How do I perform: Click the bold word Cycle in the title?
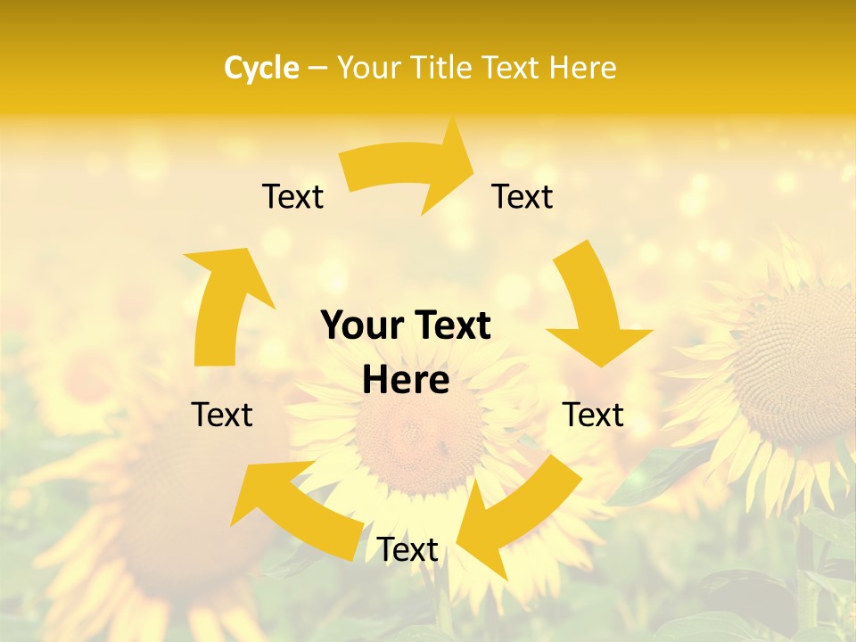pyautogui.click(x=261, y=68)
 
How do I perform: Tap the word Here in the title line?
pyautogui.click(x=580, y=68)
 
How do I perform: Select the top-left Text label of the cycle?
pyautogui.click(x=292, y=197)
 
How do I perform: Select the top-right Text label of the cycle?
pyautogui.click(x=523, y=197)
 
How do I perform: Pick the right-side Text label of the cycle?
pyautogui.click(x=593, y=415)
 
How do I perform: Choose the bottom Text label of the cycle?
pyautogui.click(x=407, y=550)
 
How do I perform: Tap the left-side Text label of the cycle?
pyautogui.click(x=222, y=415)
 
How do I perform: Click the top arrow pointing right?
pyautogui.click(x=410, y=169)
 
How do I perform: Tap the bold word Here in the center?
pyautogui.click(x=406, y=381)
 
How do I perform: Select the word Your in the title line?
pyautogui.click(x=367, y=68)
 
